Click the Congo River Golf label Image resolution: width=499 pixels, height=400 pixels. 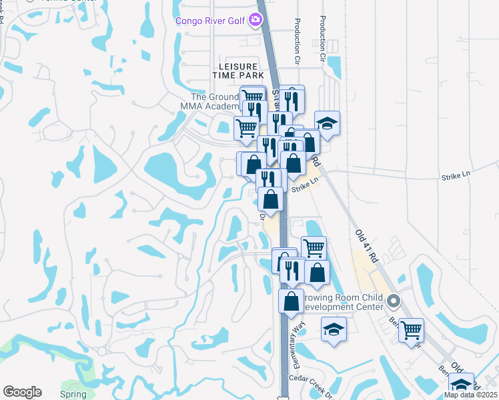[x=210, y=21]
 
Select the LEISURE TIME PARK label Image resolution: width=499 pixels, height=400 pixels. [x=234, y=71]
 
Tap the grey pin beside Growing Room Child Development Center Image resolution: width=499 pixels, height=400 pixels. [x=394, y=301]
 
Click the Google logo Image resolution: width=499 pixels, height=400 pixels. [x=22, y=392]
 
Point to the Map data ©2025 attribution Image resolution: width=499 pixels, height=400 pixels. [x=470, y=395]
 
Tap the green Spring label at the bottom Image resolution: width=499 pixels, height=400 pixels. [x=73, y=394]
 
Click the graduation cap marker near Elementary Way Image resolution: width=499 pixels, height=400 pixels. [x=334, y=329]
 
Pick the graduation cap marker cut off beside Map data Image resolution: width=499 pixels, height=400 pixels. [x=461, y=384]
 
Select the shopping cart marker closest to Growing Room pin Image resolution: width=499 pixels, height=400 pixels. [x=412, y=329]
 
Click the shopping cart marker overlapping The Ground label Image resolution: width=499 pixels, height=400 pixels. [x=253, y=97]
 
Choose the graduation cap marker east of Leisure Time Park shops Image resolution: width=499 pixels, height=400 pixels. [x=327, y=123]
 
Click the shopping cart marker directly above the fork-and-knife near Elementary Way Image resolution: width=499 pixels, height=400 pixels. [x=314, y=247]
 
